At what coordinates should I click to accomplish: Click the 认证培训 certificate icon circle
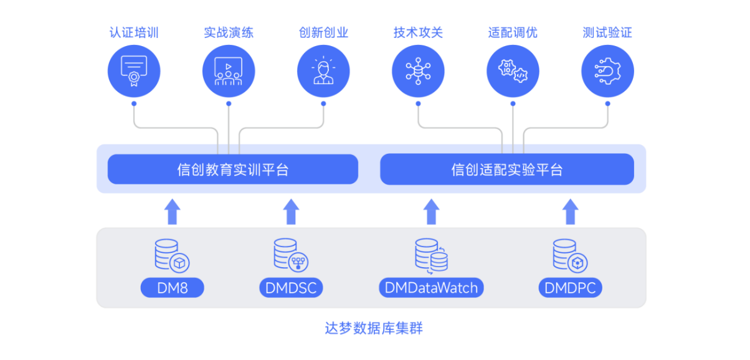(134, 70)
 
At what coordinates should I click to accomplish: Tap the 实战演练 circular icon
(229, 70)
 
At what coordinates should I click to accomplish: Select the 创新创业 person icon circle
(323, 70)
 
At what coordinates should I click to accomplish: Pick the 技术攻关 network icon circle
(418, 70)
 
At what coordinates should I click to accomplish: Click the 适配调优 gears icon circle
(513, 70)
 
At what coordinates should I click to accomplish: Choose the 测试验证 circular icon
(607, 70)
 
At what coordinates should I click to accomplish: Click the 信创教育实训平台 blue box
(232, 169)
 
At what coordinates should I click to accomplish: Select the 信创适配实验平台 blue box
(506, 169)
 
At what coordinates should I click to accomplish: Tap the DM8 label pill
(173, 288)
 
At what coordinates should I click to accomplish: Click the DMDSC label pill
(291, 288)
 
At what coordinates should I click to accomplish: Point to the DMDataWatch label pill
(431, 288)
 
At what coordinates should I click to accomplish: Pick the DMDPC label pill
(570, 288)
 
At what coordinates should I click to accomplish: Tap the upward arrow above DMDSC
(291, 212)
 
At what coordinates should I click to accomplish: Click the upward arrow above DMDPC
(570, 212)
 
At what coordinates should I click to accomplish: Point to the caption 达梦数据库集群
(374, 328)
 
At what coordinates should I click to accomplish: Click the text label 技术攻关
(418, 32)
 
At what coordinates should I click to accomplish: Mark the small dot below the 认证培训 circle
(134, 103)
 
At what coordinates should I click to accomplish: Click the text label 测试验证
(607, 32)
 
